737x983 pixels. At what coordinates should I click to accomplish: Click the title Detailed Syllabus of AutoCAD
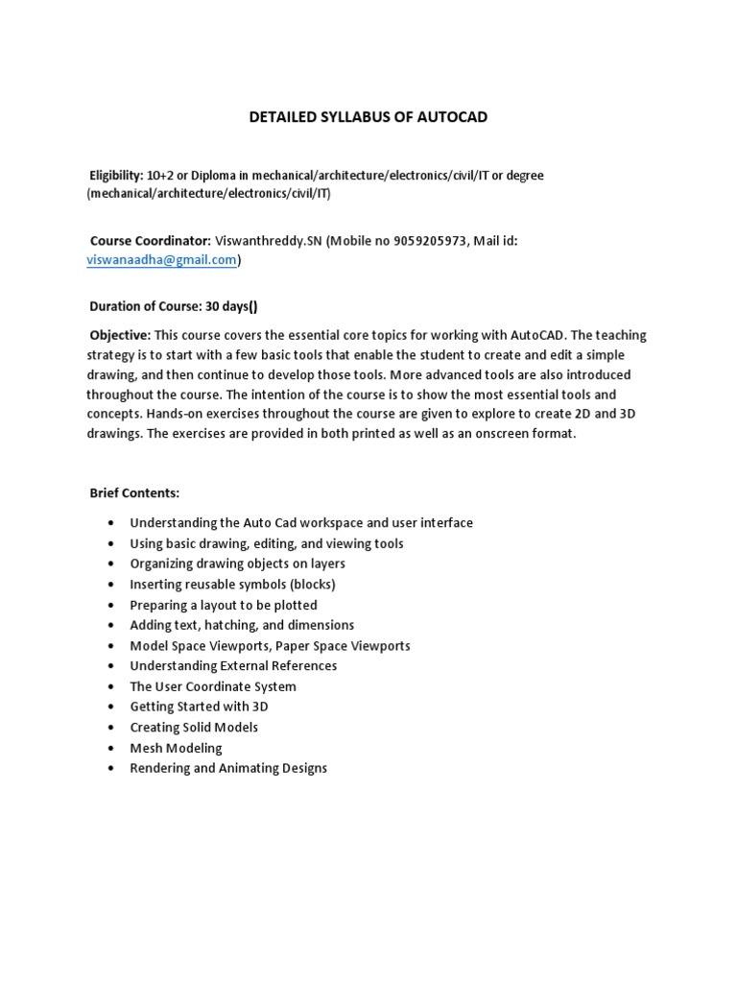368,117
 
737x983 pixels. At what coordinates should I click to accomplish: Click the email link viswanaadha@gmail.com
161,260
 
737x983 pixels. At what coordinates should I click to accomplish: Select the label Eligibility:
115,176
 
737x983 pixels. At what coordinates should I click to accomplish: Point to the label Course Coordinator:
150,241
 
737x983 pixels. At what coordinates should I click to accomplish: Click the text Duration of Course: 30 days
173,307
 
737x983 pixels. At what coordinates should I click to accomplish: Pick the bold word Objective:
120,335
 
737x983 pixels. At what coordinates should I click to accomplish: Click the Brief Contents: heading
134,492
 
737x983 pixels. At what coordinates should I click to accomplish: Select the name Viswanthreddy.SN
268,241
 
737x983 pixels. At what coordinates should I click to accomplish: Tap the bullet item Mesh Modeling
176,748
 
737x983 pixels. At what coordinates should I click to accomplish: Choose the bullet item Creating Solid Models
194,727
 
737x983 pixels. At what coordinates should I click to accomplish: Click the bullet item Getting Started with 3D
199,707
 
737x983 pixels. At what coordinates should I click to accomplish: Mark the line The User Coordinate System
213,686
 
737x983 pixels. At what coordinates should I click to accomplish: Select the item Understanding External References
233,665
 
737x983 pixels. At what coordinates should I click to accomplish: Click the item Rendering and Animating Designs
228,768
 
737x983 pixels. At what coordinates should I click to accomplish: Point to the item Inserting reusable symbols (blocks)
232,584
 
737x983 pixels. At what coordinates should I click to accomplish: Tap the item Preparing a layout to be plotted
223,605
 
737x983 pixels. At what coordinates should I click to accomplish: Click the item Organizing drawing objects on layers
237,563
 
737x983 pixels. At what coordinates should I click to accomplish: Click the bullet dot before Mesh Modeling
111,748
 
